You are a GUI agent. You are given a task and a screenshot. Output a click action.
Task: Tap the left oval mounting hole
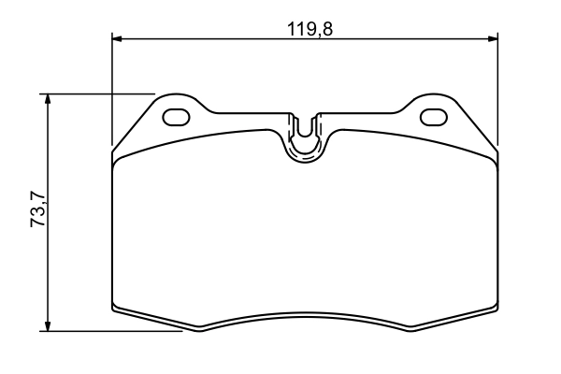176,117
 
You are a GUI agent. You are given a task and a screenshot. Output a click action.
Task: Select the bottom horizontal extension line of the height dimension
112,330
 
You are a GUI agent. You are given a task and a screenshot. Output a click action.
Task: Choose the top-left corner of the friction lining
115,158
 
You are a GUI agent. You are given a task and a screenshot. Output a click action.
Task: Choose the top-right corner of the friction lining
495,158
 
